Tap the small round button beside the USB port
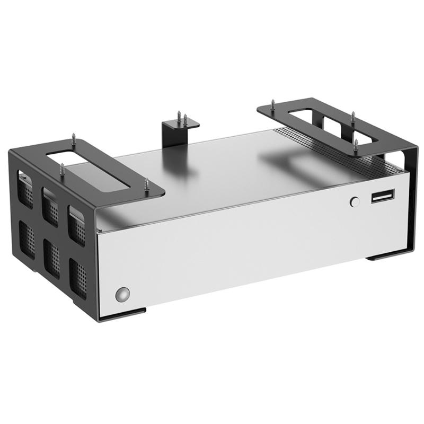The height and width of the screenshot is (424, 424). (355, 201)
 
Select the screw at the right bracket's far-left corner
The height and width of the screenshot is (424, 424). (272, 104)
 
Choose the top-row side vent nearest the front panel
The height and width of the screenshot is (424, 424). (76, 223)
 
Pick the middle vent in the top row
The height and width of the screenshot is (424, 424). (50, 205)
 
